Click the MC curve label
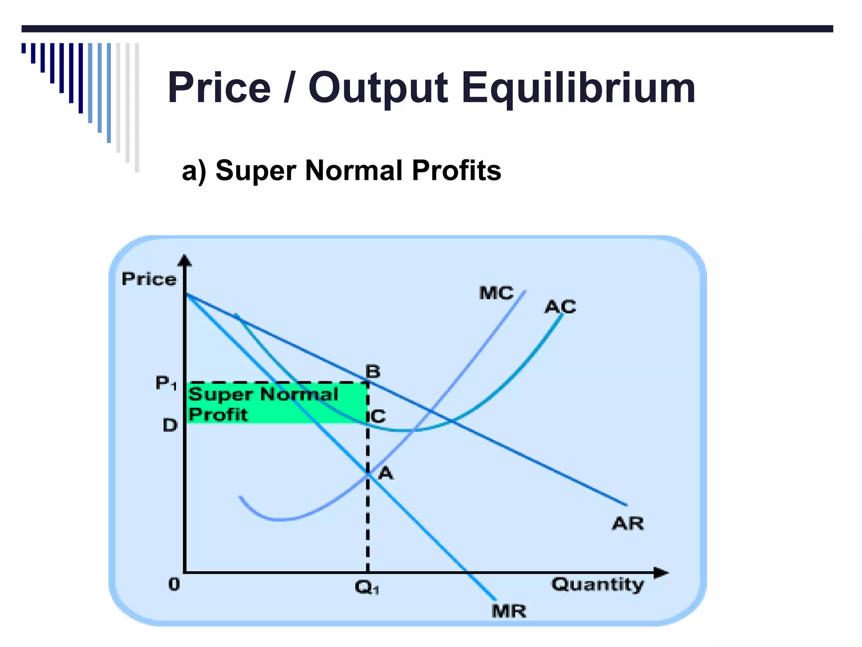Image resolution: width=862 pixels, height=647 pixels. click(496, 293)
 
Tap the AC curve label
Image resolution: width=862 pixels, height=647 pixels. click(560, 307)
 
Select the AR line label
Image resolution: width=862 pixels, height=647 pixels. click(628, 524)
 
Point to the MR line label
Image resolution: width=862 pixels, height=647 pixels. click(509, 611)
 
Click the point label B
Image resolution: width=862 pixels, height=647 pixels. click(373, 372)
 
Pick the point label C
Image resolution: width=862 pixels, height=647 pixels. click(378, 416)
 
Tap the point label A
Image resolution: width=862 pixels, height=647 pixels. click(386, 473)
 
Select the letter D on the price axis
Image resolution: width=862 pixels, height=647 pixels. click(170, 425)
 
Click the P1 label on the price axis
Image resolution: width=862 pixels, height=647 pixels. click(166, 383)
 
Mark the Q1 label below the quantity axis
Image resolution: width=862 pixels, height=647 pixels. click(367, 587)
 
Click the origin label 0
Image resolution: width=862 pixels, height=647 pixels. click(174, 584)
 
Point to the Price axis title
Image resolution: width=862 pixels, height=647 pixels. click(149, 279)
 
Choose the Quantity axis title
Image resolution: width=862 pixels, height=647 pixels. click(598, 585)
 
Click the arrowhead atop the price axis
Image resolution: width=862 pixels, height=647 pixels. click(185, 261)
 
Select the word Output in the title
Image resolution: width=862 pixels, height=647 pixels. click(378, 88)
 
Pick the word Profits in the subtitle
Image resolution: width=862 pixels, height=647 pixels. click(456, 171)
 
